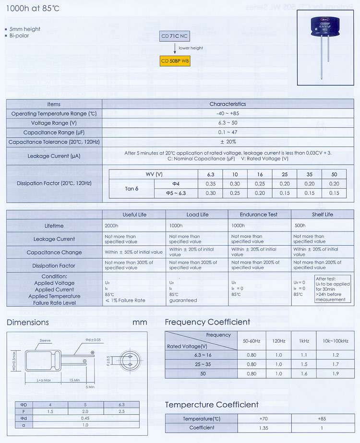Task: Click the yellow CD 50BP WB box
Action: pos(175,61)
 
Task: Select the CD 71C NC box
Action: pos(175,36)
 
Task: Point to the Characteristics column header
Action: pos(228,104)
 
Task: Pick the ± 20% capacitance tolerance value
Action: pos(228,142)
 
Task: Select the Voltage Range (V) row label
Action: pos(54,123)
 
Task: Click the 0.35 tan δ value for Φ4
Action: pos(211,184)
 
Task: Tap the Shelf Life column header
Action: pos(322,215)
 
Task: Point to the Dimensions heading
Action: pos(28,323)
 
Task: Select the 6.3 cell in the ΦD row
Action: pos(121,405)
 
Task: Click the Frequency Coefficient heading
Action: pos(207,322)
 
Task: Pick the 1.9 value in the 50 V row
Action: pos(336,373)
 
